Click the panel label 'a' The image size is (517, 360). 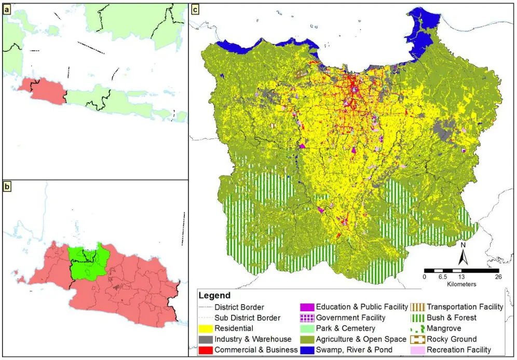coord(7,9)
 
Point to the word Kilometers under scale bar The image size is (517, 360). coord(461,284)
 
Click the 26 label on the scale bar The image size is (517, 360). coord(498,277)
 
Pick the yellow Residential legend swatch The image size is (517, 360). coord(207,328)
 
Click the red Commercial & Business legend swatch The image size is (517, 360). coord(207,350)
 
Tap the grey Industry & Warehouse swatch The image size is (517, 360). coord(207,339)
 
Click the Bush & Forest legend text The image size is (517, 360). coord(451,317)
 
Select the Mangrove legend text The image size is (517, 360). coord(444,328)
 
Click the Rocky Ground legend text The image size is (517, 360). coord(451,339)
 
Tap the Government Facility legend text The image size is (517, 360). coord(350,317)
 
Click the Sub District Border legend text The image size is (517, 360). coord(247,317)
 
